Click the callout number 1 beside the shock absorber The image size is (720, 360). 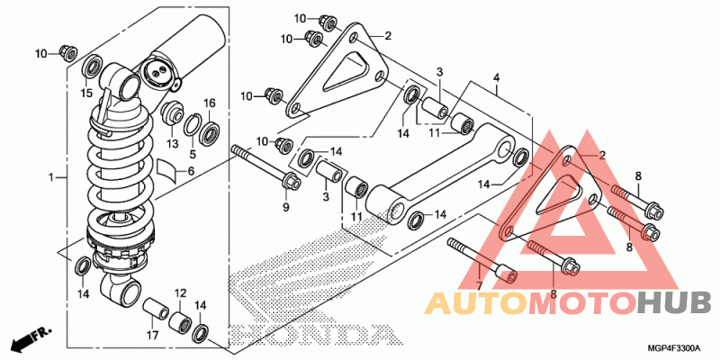pyautogui.click(x=51, y=176)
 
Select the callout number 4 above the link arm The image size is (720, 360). pyautogui.click(x=496, y=77)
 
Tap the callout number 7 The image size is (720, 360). pyautogui.click(x=479, y=286)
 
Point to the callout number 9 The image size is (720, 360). pyautogui.click(x=285, y=209)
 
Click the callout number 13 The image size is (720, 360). pyautogui.click(x=172, y=145)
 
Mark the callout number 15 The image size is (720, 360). pyautogui.click(x=86, y=94)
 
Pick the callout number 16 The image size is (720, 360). pyautogui.click(x=209, y=103)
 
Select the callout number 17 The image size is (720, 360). pyautogui.click(x=152, y=336)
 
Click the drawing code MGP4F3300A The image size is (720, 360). pyautogui.click(x=676, y=347)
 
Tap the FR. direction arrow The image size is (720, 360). pyautogui.click(x=31, y=337)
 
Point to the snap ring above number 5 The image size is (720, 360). pyautogui.click(x=193, y=124)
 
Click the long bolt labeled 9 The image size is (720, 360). pyautogui.click(x=267, y=167)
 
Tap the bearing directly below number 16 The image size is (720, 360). pyautogui.click(x=210, y=130)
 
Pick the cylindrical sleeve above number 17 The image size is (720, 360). pyautogui.click(x=154, y=309)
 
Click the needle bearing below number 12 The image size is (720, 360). pyautogui.click(x=179, y=321)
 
